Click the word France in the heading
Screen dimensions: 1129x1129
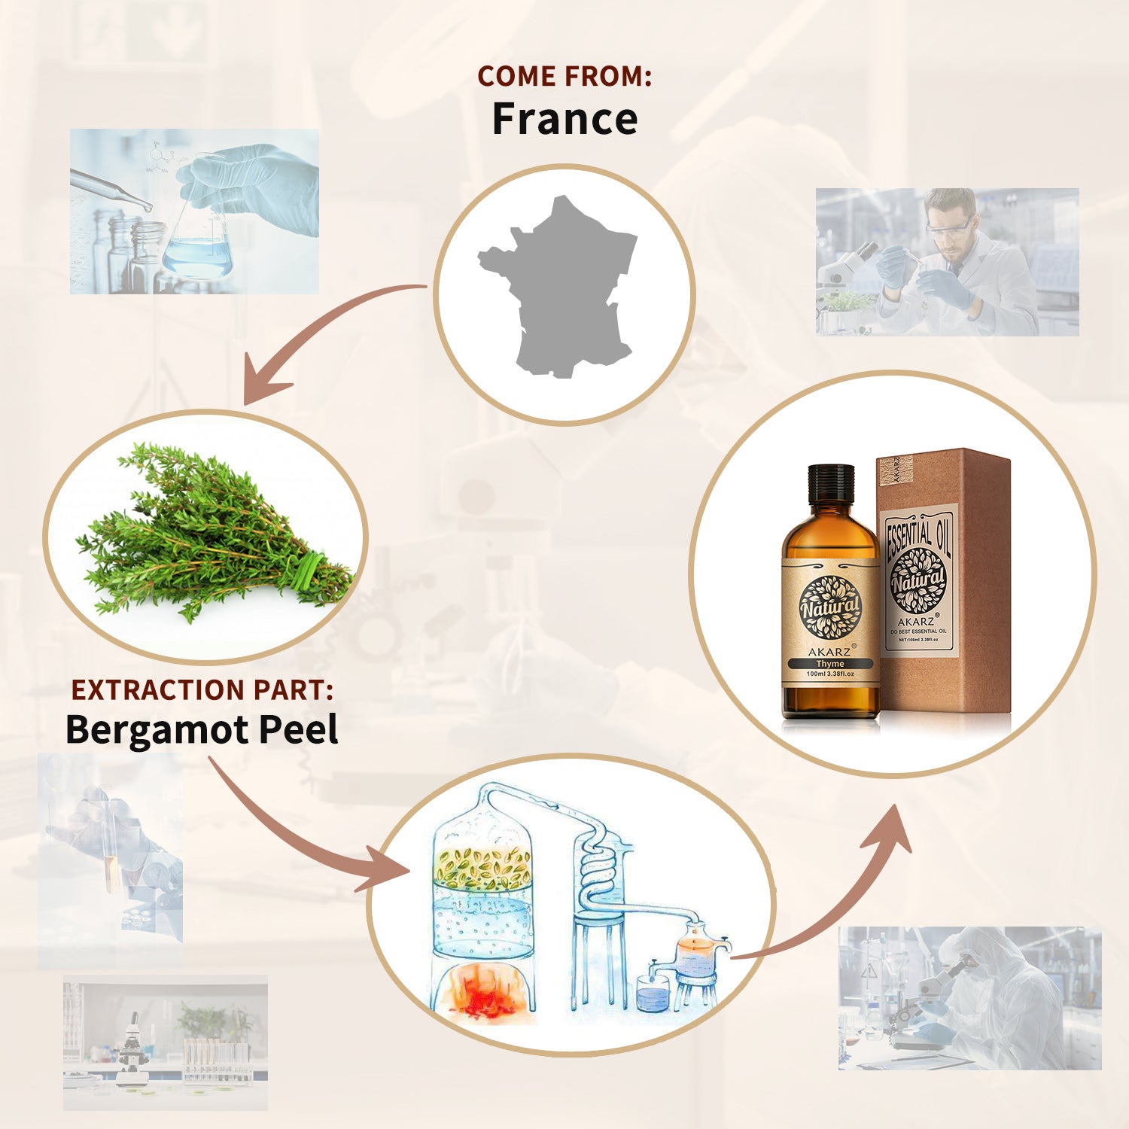click(x=564, y=119)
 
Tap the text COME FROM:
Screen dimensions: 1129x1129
click(x=564, y=76)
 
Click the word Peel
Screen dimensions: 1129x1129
click(x=298, y=729)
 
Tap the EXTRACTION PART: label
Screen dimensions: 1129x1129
click(x=202, y=689)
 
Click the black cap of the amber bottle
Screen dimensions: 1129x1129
click(x=831, y=482)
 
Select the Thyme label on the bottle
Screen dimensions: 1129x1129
click(x=830, y=664)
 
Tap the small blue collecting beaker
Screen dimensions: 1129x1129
click(x=652, y=994)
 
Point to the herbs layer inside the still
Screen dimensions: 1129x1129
click(x=482, y=866)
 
